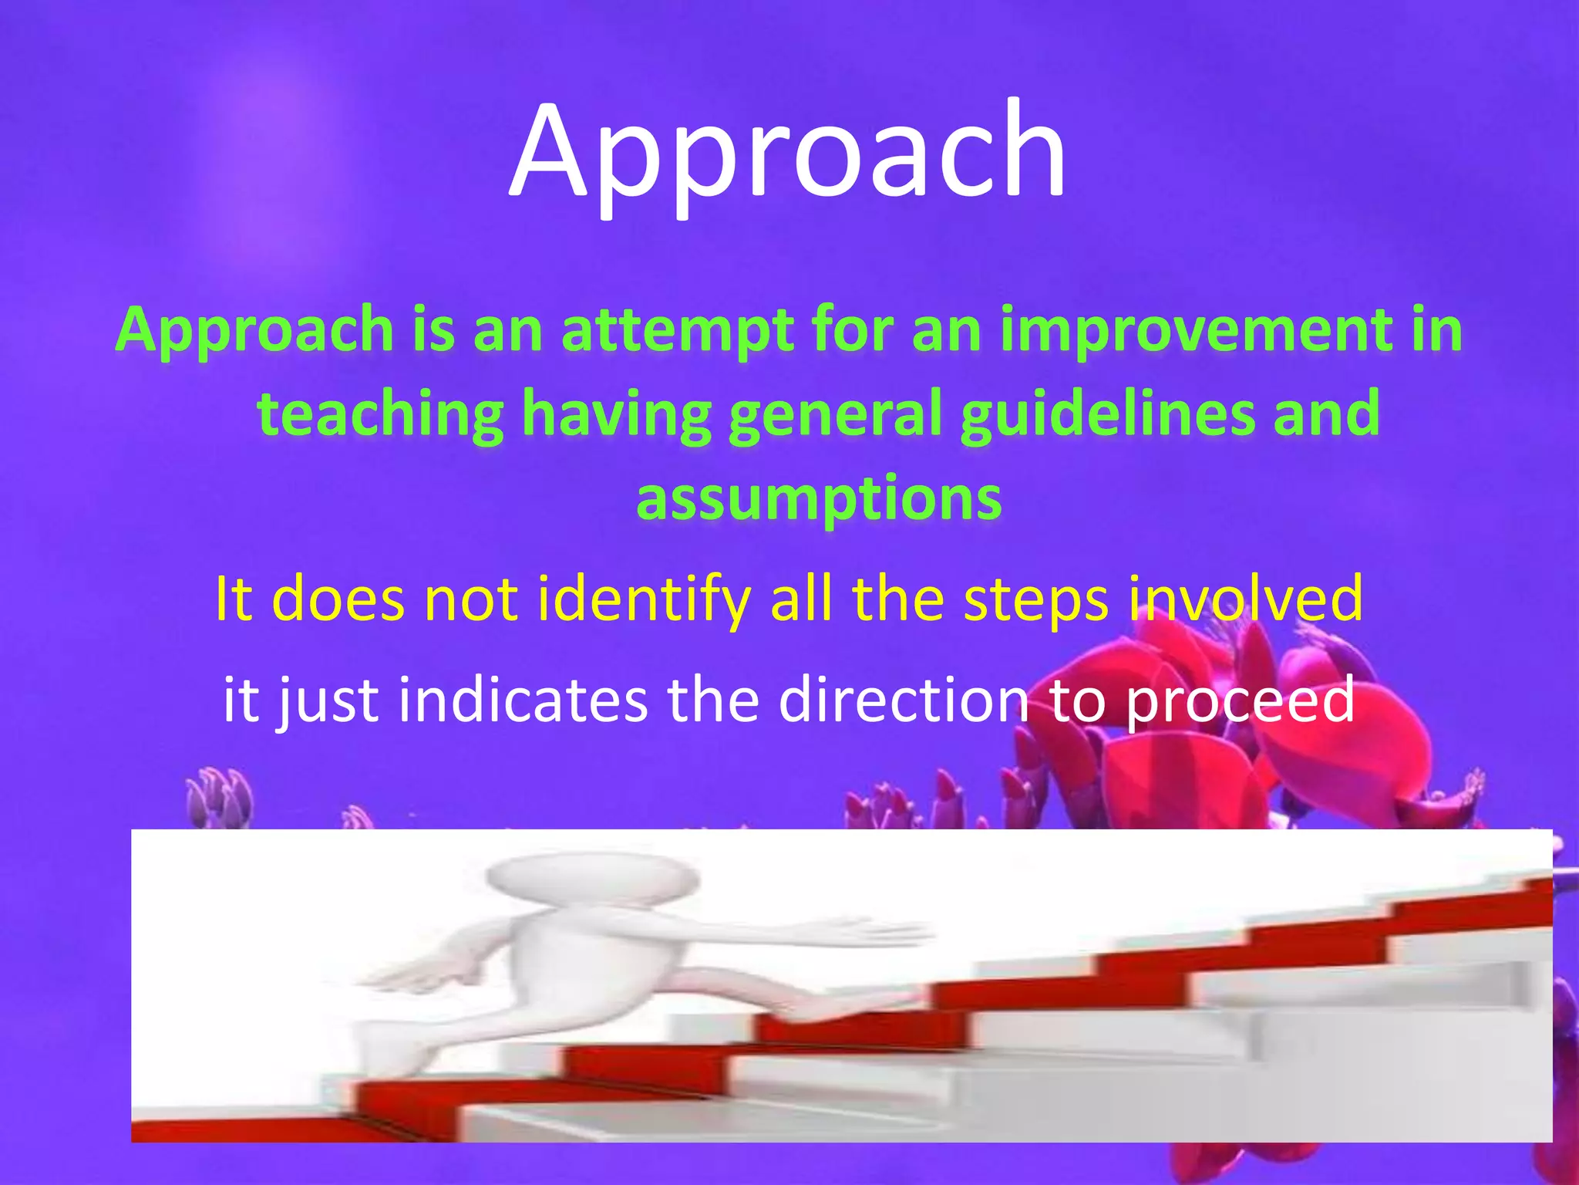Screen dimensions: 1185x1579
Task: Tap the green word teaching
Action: [x=380, y=414]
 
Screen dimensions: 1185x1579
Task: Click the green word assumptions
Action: [x=819, y=498]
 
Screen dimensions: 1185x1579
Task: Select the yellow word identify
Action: [x=644, y=599]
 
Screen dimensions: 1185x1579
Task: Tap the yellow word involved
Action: [x=1244, y=599]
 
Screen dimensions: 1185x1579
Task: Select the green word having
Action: [x=616, y=414]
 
